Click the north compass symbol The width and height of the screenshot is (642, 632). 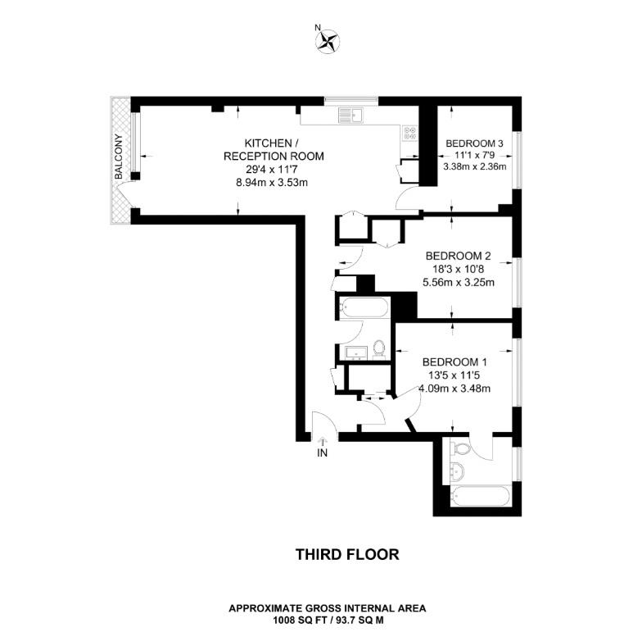click(328, 39)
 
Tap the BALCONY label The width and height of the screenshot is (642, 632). click(119, 157)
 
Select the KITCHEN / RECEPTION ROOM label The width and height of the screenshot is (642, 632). click(274, 149)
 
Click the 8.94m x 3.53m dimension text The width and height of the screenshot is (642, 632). click(274, 183)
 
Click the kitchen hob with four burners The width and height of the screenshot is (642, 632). click(409, 132)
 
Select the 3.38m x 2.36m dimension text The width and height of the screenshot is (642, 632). click(473, 167)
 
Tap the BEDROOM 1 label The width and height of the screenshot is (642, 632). click(454, 362)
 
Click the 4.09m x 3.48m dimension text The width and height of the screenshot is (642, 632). click(454, 389)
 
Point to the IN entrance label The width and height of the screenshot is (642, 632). click(323, 452)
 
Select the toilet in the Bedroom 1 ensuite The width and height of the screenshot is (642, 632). click(461, 448)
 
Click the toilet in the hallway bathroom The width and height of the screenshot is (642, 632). click(379, 348)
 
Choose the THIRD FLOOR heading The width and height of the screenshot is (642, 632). click(347, 555)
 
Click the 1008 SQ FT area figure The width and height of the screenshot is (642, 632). click(287, 620)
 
